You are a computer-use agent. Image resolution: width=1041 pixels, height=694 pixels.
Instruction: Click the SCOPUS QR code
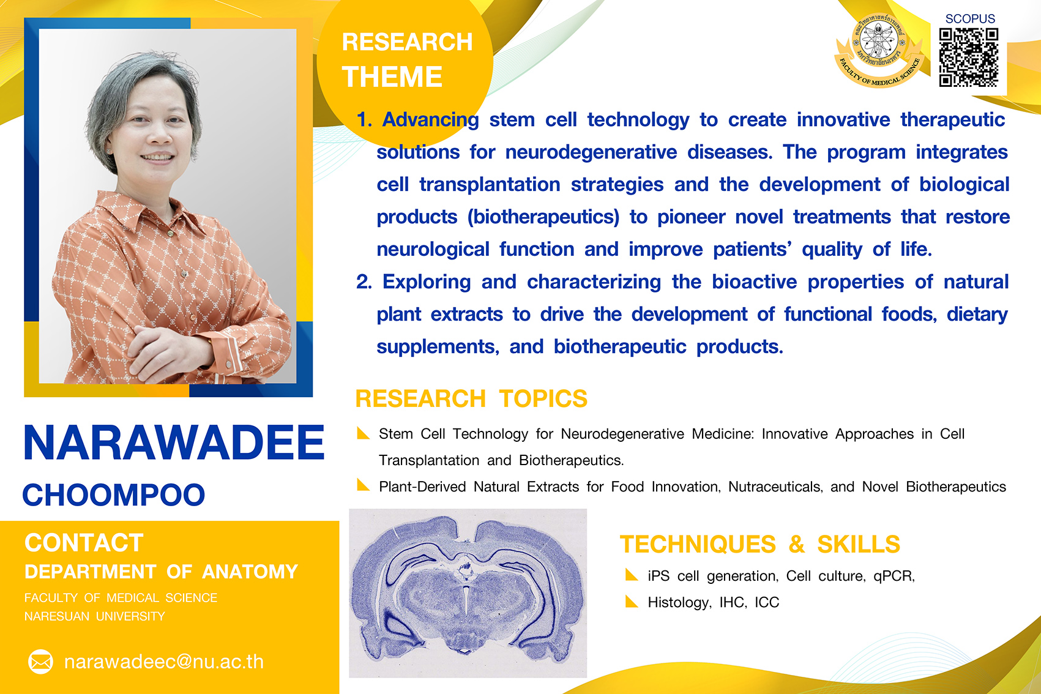pyautogui.click(x=969, y=57)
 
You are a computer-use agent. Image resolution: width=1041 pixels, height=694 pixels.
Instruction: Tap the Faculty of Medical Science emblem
pyautogui.click(x=878, y=50)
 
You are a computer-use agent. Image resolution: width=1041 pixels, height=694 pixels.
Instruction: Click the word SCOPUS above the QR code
pyautogui.click(x=970, y=18)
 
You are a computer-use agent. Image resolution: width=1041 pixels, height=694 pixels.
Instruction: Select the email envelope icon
pyautogui.click(x=40, y=661)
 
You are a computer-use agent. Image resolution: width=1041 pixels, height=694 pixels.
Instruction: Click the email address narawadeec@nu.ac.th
pyautogui.click(x=163, y=662)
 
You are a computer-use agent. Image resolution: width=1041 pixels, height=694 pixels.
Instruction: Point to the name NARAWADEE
pyautogui.click(x=174, y=443)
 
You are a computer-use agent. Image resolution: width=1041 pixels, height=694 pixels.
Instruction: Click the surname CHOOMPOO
pyautogui.click(x=114, y=494)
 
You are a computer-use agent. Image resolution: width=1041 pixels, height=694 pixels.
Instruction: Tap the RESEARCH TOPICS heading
pyautogui.click(x=471, y=398)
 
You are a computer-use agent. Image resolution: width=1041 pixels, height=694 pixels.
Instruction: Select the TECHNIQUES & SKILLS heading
pyautogui.click(x=760, y=544)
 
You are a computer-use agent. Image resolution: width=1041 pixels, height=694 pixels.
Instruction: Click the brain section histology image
pyautogui.click(x=468, y=592)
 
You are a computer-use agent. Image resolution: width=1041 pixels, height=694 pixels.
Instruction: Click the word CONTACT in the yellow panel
pyautogui.click(x=84, y=542)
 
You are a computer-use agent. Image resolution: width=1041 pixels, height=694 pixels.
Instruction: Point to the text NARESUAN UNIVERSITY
pyautogui.click(x=95, y=616)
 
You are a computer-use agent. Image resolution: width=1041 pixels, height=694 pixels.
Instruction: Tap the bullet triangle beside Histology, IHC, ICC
pyautogui.click(x=631, y=601)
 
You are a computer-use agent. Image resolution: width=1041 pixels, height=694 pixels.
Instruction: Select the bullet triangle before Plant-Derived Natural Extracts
pyautogui.click(x=362, y=485)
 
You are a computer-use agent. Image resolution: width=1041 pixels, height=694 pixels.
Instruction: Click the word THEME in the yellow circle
pyautogui.click(x=392, y=76)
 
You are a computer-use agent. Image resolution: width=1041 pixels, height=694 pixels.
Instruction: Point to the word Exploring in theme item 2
pyautogui.click(x=426, y=282)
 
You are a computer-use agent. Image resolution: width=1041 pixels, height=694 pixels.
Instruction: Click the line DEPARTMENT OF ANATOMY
pyautogui.click(x=162, y=572)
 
